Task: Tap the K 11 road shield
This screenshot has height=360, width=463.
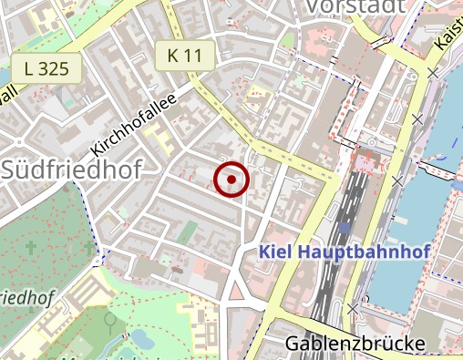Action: [184, 56]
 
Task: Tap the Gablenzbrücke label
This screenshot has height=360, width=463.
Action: [355, 344]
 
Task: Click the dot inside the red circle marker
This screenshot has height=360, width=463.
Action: [231, 180]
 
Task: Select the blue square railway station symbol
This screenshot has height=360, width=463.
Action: [345, 228]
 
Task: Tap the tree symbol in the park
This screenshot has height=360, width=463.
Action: [110, 320]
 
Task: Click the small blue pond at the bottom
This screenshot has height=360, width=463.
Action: [142, 339]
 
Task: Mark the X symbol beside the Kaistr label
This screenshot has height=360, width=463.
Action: [433, 71]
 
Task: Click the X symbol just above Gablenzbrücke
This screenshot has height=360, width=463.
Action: [353, 309]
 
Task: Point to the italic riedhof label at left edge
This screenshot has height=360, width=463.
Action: [27, 297]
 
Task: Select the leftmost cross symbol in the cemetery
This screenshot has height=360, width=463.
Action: [33, 247]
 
